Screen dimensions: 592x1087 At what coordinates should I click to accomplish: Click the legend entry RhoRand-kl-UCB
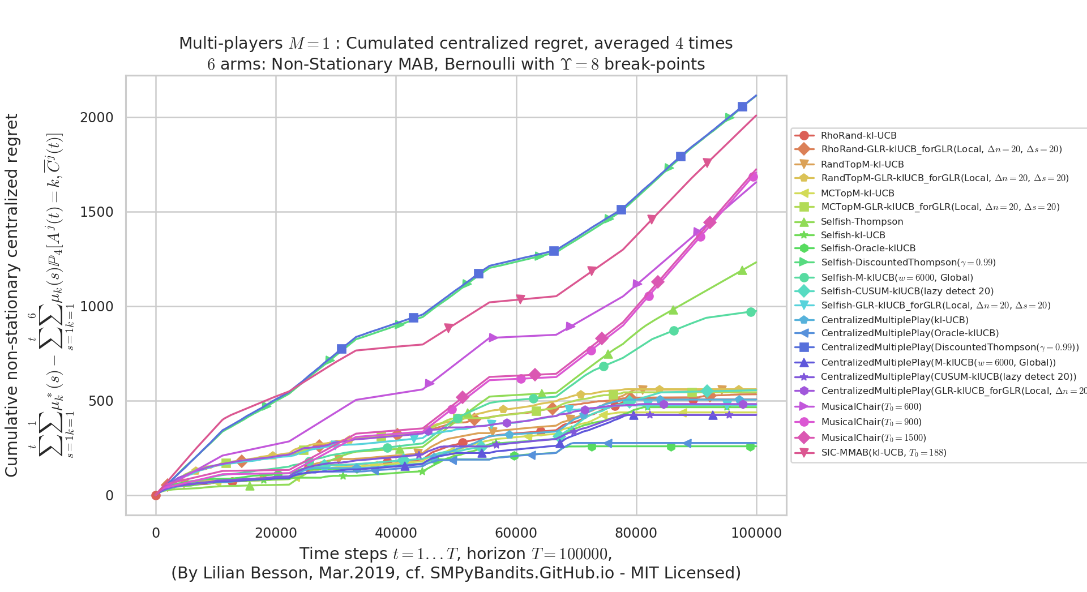(x=858, y=136)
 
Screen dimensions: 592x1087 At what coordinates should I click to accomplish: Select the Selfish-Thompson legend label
(x=862, y=222)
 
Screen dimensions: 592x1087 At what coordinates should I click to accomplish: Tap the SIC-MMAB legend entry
(x=883, y=453)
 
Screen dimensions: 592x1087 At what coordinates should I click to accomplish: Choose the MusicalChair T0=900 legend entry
(x=871, y=422)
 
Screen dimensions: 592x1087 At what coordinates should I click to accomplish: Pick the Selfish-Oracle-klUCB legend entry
(x=868, y=248)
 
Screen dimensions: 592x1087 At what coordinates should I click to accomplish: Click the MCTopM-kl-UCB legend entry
(x=857, y=194)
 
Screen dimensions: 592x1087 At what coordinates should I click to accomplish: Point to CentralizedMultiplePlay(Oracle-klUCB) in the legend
(x=909, y=333)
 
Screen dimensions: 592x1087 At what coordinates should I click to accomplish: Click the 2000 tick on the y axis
(x=97, y=118)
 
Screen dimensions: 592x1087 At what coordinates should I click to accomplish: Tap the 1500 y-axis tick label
(x=97, y=212)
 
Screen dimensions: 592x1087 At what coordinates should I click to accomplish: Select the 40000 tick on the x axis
(x=396, y=533)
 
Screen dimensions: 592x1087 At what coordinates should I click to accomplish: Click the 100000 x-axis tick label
(x=756, y=533)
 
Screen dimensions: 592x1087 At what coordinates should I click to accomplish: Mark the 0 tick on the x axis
(x=156, y=533)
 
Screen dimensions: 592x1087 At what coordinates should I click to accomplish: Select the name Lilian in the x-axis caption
(x=285, y=573)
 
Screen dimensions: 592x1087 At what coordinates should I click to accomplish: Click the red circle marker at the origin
(x=156, y=495)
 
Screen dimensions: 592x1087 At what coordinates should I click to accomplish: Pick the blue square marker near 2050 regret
(x=742, y=107)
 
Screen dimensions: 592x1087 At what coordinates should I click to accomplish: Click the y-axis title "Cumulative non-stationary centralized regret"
(x=12, y=295)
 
